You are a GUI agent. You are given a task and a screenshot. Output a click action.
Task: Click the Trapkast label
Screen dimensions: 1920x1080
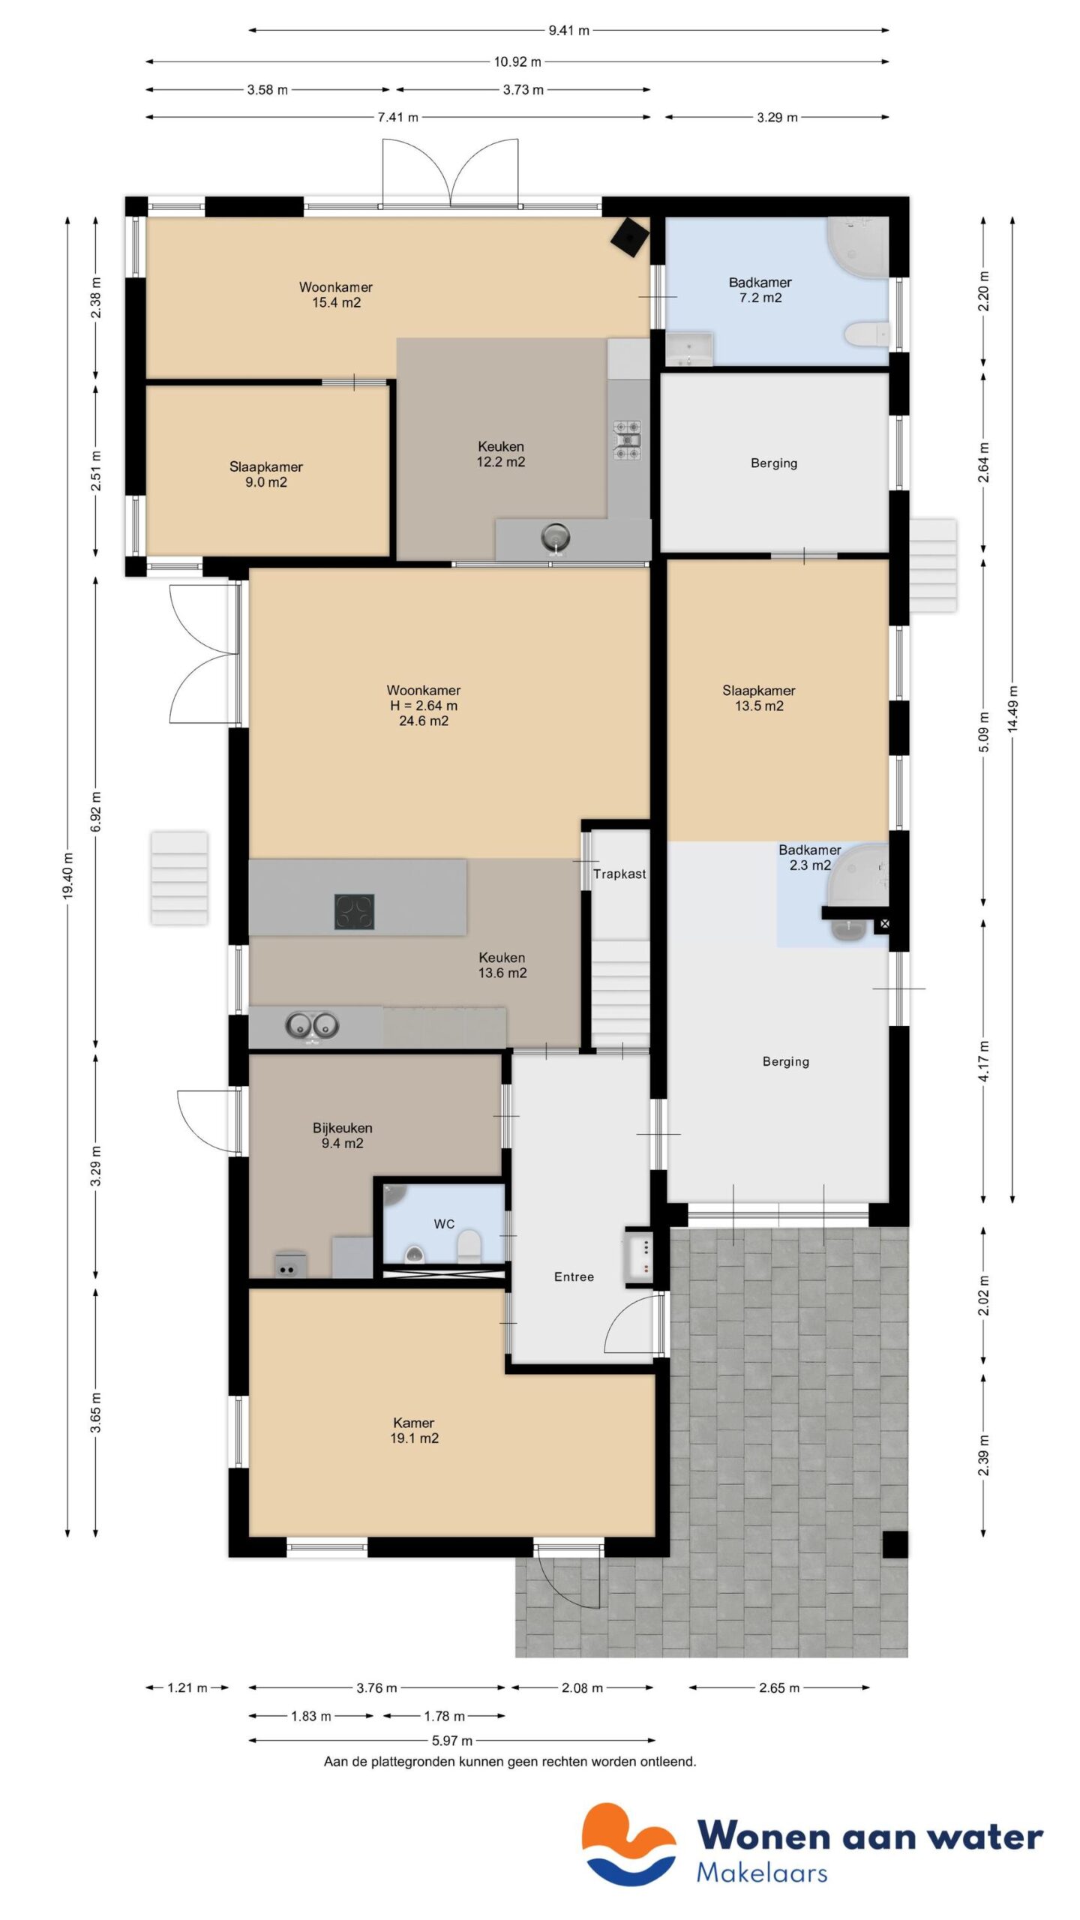[619, 874]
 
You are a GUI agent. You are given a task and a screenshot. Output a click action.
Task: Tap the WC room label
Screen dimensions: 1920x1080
[444, 1224]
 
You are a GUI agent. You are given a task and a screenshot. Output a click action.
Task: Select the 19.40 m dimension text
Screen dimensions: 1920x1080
[68, 875]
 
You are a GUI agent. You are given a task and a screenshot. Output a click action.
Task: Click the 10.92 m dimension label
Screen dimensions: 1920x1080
[517, 61]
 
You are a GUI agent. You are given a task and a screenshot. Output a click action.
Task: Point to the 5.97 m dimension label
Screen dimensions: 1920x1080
[452, 1740]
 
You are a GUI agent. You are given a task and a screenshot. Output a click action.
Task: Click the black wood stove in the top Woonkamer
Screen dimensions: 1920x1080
[628, 238]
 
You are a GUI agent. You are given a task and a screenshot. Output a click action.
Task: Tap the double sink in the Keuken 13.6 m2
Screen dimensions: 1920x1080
[312, 1025]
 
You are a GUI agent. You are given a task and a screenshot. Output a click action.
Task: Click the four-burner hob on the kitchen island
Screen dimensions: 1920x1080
[354, 911]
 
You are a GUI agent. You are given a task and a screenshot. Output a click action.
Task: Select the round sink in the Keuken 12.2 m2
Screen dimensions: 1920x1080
[555, 537]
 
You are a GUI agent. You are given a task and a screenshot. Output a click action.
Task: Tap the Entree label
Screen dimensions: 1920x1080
[574, 1276]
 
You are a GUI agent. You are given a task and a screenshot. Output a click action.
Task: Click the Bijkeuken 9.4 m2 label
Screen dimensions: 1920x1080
[342, 1135]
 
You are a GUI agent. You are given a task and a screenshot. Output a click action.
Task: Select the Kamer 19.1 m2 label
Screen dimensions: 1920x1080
[414, 1429]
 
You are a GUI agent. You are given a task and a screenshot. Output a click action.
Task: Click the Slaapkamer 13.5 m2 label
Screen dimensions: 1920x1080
[758, 697]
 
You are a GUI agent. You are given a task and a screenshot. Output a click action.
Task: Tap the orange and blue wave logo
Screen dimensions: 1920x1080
[628, 1843]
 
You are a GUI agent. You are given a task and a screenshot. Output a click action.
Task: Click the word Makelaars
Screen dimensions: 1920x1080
[761, 1873]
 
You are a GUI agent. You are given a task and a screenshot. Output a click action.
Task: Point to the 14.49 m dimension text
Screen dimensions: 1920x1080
[1013, 709]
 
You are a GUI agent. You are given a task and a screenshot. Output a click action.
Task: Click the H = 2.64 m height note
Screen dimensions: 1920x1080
[423, 706]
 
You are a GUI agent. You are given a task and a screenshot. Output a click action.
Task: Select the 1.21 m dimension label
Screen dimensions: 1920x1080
[187, 1687]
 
